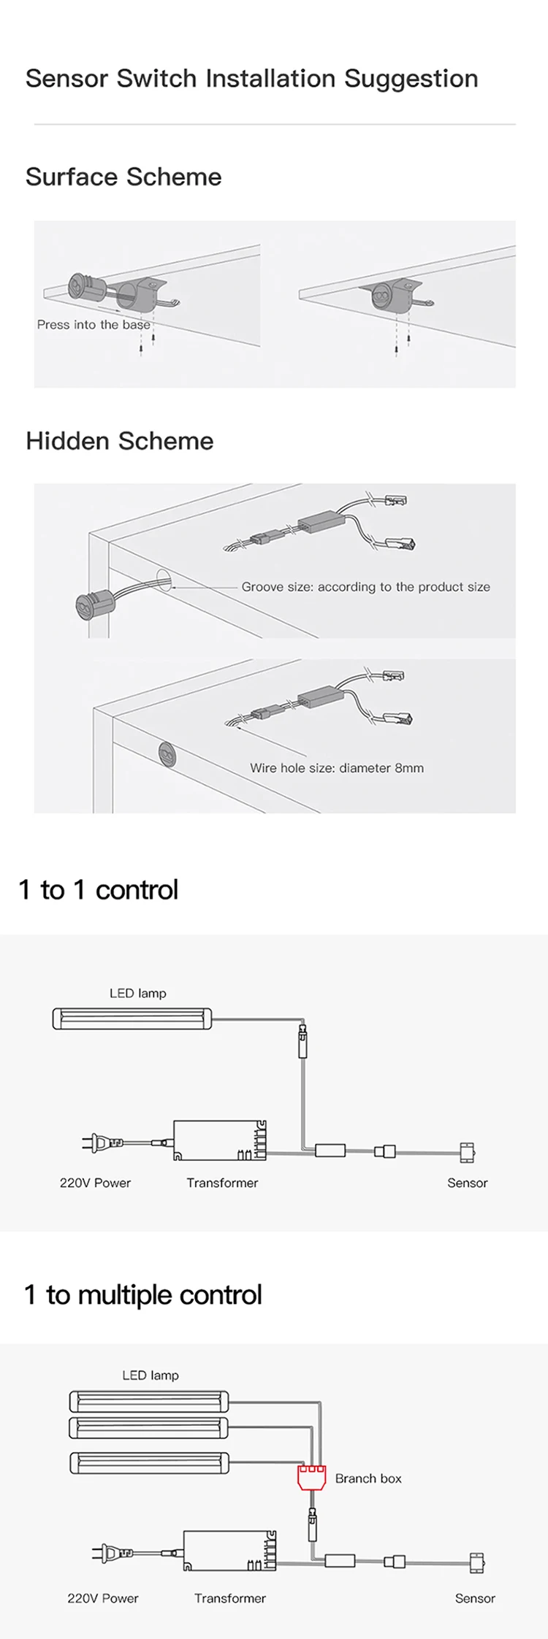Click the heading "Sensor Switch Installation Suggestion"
click(251, 79)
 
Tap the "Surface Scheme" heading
click(123, 177)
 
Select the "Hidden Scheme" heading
click(120, 441)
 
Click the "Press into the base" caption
click(94, 325)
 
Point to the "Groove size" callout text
click(365, 587)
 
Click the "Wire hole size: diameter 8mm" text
click(337, 768)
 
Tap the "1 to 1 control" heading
click(98, 890)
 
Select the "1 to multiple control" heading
click(143, 1295)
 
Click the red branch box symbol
click(312, 1478)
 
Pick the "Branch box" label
click(368, 1478)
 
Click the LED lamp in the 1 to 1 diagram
click(132, 1018)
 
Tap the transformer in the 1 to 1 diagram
click(220, 1140)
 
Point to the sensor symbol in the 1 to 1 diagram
click(467, 1152)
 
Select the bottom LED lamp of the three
click(149, 1462)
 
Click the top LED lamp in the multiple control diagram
click(149, 1402)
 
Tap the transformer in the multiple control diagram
click(229, 1551)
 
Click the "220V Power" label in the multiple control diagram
click(103, 1598)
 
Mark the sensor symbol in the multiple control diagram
click(476, 1562)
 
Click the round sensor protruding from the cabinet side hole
click(91, 603)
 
